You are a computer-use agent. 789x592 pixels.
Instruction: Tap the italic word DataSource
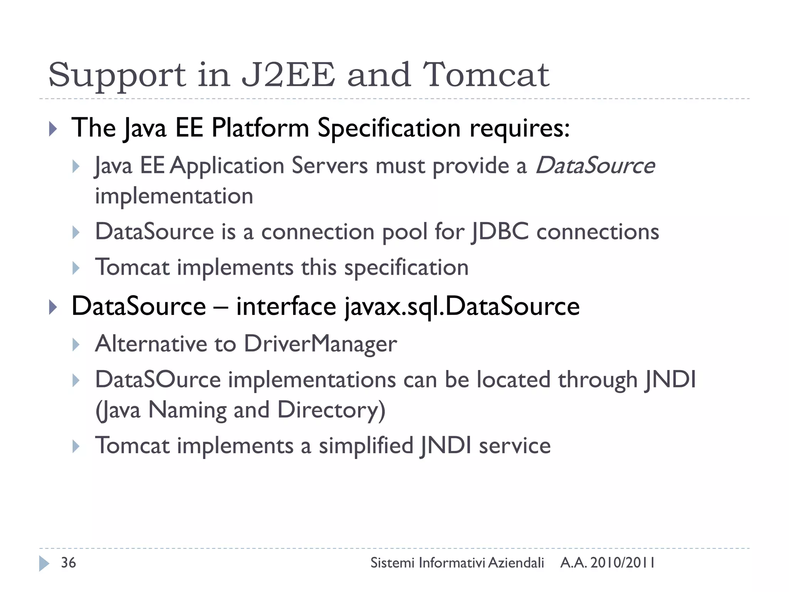click(x=595, y=166)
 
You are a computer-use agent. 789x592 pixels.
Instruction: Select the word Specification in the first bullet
click(x=389, y=128)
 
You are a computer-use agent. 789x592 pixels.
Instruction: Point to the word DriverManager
click(x=320, y=344)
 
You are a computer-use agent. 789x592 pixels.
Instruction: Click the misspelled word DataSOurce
click(x=158, y=380)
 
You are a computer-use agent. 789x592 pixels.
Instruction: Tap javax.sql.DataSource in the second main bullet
click(x=462, y=306)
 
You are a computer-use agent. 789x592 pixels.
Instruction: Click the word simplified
click(x=366, y=446)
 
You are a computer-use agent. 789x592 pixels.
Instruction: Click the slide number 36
click(x=69, y=563)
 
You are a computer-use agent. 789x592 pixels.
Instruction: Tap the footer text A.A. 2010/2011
click(x=607, y=563)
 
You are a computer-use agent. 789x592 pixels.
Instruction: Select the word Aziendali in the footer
click(x=516, y=563)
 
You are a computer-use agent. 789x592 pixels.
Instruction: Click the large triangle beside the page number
click(x=44, y=563)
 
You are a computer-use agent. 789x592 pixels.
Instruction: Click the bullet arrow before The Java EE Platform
click(x=53, y=129)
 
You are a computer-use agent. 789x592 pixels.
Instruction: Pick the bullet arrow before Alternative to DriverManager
click(x=76, y=345)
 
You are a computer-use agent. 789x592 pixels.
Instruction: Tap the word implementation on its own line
click(x=174, y=196)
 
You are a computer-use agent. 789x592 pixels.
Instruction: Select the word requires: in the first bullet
click(x=519, y=129)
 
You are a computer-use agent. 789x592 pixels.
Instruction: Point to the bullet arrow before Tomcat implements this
click(x=76, y=268)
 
